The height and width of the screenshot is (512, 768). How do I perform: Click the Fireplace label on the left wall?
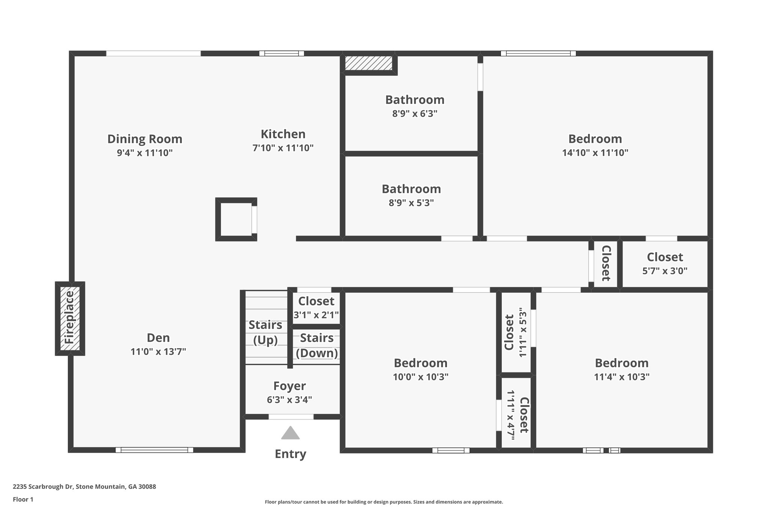coord(70,318)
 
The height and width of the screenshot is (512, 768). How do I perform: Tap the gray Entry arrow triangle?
coord(290,433)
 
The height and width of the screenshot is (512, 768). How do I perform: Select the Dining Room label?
coord(145,139)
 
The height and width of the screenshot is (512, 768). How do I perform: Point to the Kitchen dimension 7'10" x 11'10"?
coord(283,148)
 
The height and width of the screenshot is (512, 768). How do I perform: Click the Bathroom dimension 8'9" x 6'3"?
coord(415,113)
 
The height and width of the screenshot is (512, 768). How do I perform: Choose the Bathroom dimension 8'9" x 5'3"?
coord(411,203)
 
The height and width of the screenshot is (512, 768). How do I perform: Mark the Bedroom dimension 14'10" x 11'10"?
coord(595,153)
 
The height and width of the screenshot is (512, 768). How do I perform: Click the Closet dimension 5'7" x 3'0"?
coord(665,271)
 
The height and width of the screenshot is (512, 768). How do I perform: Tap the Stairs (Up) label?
coord(265,332)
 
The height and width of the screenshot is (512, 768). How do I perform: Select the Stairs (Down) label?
coord(317,345)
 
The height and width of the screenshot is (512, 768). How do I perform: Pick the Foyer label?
coord(289,386)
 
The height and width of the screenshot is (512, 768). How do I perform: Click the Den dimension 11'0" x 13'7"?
coord(158,351)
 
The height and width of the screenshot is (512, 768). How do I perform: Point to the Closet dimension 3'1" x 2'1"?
coord(316,315)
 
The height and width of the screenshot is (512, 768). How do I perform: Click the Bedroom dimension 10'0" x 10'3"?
coord(421,377)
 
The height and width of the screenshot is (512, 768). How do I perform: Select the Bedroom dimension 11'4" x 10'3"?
coord(622,377)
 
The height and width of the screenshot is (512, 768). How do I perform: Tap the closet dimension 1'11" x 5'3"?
coord(523,333)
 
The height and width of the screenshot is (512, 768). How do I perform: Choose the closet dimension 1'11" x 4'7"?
coord(511,415)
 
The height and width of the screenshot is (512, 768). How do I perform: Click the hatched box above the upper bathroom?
coord(369,63)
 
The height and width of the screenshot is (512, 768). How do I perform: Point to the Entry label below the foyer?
coord(291,454)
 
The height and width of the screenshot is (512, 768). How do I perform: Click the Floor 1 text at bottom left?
coord(23,499)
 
